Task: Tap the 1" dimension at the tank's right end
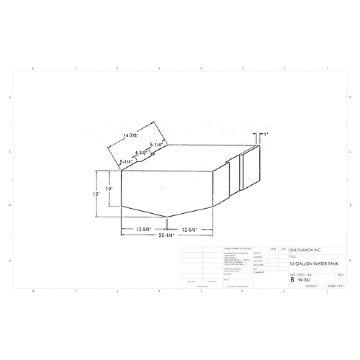click(265, 135)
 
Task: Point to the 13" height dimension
click(96, 194)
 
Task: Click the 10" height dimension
click(109, 189)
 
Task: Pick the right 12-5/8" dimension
click(189, 228)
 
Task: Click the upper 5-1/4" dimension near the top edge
click(157, 145)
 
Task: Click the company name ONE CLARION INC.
click(307, 250)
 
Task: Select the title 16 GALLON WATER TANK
click(311, 263)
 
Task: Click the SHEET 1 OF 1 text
click(336, 286)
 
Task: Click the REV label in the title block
click(340, 274)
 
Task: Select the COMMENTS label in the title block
click(261, 272)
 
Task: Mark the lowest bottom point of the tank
click(167, 217)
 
